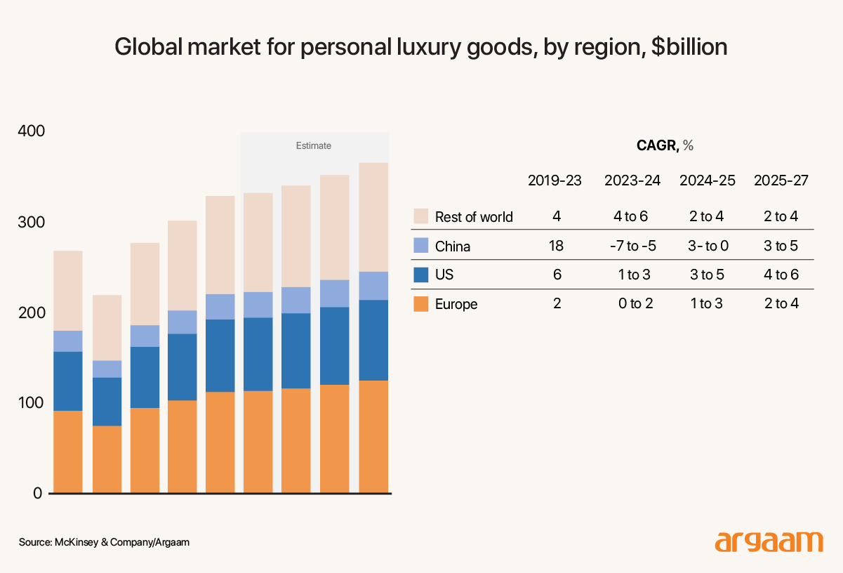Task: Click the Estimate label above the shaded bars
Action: pyautogui.click(x=313, y=146)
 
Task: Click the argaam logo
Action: pyautogui.click(x=769, y=542)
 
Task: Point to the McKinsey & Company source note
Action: pyautogui.click(x=104, y=543)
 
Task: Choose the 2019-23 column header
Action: pyautogui.click(x=555, y=180)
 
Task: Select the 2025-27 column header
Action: pyautogui.click(x=781, y=180)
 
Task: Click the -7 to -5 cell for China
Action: pyautogui.click(x=632, y=246)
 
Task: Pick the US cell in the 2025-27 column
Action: pyautogui.click(x=781, y=275)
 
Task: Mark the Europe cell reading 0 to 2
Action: pyautogui.click(x=632, y=303)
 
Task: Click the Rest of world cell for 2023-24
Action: pyautogui.click(x=632, y=216)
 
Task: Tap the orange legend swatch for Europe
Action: pyautogui.click(x=421, y=304)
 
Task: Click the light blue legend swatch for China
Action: pyautogui.click(x=421, y=246)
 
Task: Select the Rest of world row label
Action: pyautogui.click(x=474, y=217)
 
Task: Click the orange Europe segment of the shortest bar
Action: pyautogui.click(x=107, y=459)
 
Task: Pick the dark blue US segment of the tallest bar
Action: pyautogui.click(x=373, y=340)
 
